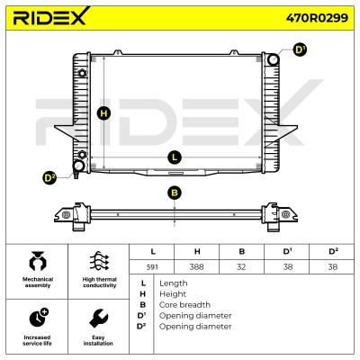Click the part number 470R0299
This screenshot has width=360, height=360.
(317, 18)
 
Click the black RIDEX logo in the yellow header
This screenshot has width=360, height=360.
(51, 16)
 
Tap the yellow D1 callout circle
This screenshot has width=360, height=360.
(300, 49)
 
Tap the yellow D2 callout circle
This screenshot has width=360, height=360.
(49, 178)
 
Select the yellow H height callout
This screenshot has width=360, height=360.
(103, 113)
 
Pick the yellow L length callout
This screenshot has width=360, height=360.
(175, 157)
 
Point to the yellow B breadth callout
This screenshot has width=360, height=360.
(175, 193)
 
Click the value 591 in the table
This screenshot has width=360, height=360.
(152, 266)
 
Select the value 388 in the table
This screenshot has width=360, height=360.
(196, 266)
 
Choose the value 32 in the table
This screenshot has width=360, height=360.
(241, 266)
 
